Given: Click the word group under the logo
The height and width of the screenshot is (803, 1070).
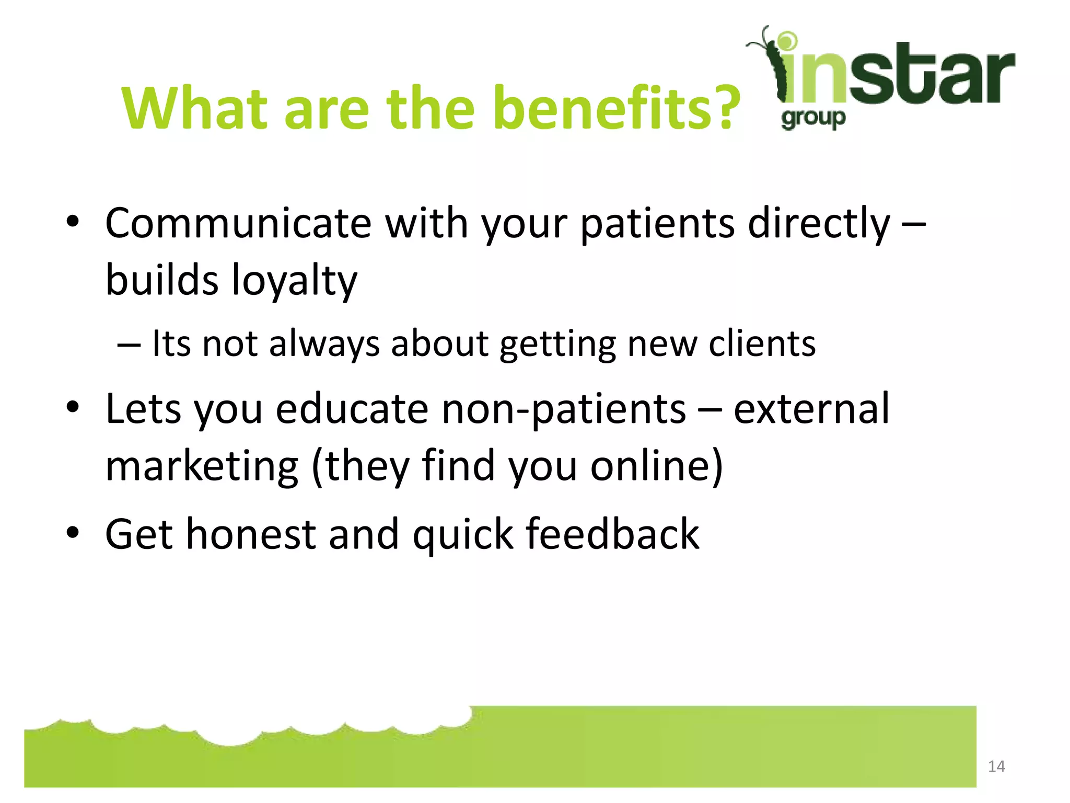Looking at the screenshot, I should [813, 119].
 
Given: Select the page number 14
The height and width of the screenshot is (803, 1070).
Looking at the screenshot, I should [996, 766].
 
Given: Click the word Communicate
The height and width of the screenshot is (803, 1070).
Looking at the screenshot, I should [238, 223].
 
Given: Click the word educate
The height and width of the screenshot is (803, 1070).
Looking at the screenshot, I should [352, 409].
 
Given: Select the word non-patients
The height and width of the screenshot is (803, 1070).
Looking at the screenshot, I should [564, 409].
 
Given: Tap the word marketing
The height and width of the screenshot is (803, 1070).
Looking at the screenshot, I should [202, 466].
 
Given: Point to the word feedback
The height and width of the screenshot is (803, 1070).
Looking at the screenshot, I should [612, 534].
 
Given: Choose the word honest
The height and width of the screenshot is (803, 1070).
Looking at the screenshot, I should [251, 534].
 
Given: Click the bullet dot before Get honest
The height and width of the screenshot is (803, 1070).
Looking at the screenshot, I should [73, 533].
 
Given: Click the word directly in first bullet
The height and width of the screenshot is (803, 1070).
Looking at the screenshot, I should [819, 223].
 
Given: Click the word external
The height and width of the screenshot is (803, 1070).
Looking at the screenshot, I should [811, 409].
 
